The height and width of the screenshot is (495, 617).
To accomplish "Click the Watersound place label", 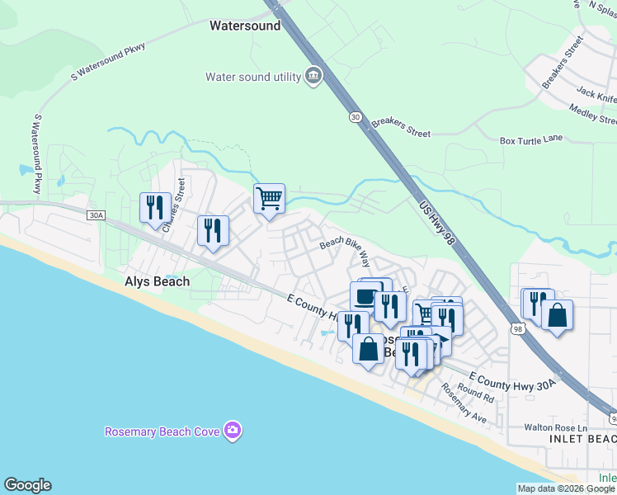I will [245, 26].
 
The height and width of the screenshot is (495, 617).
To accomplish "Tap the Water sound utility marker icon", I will [313, 77].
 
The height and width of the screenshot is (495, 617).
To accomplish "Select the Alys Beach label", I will [157, 281].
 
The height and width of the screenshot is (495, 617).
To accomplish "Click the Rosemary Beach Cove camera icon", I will [233, 431].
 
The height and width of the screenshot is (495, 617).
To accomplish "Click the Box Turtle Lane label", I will [531, 140].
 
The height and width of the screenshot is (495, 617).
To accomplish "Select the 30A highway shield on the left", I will [96, 215].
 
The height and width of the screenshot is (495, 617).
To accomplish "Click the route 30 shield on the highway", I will [355, 117].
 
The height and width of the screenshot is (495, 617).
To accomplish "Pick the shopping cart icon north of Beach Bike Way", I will [269, 199].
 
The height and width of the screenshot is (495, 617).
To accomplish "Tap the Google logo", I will [27, 485].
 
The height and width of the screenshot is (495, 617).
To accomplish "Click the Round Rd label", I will [476, 393].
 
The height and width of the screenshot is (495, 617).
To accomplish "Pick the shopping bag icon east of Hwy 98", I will [558, 315].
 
